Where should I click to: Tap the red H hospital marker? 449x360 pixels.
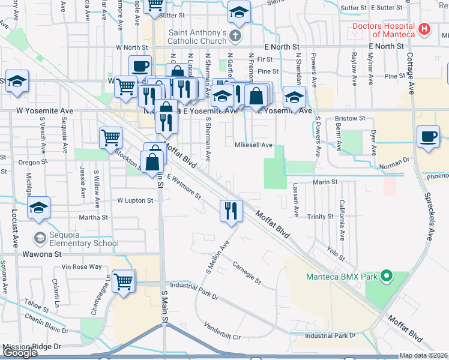(x=425, y=28)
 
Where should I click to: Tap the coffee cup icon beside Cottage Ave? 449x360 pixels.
(x=429, y=137)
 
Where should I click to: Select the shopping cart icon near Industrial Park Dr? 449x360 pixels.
(x=124, y=280)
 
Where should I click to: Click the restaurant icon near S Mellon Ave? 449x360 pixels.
(x=231, y=211)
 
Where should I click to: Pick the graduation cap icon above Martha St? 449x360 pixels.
(x=38, y=208)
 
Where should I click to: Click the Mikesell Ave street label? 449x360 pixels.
(x=253, y=145)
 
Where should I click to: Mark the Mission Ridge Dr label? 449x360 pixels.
(x=32, y=347)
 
